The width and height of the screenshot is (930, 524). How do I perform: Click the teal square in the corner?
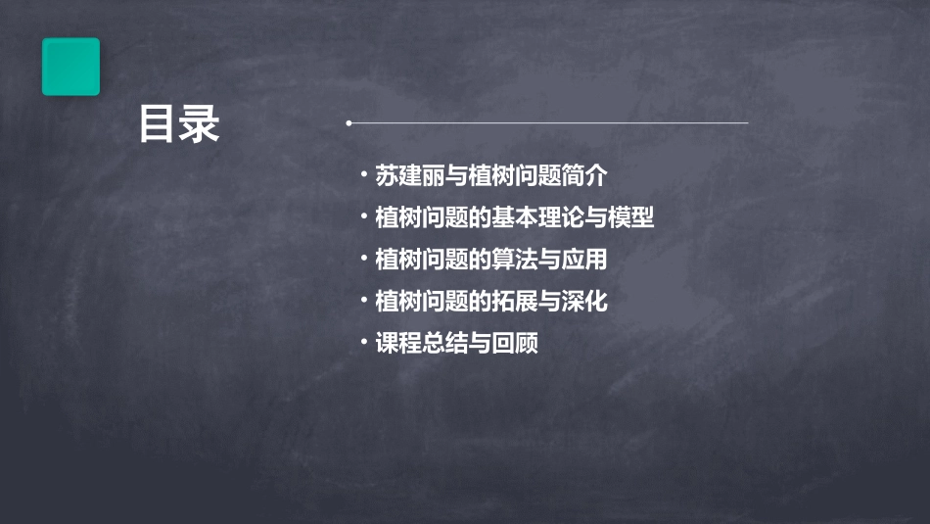point(70,67)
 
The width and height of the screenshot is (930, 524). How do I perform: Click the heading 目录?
point(179,125)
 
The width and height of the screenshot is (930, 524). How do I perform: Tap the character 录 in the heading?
point(200,125)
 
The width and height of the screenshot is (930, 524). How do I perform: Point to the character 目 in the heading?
point(158,125)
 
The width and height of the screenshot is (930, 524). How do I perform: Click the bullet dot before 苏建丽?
point(364,176)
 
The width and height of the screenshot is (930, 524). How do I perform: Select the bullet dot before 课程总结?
point(364,343)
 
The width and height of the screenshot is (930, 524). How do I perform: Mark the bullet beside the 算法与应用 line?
point(364,259)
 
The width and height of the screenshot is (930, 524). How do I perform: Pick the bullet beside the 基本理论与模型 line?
point(364,216)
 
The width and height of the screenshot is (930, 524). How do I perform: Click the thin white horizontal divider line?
point(548,123)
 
